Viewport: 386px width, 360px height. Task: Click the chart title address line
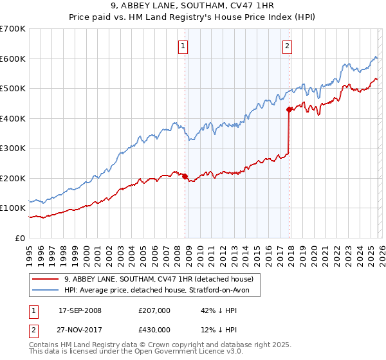193,8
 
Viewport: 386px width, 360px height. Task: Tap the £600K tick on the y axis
13,59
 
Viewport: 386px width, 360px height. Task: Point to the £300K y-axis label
13,148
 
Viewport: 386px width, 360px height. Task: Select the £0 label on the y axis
21,238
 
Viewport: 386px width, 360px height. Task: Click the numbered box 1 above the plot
184,46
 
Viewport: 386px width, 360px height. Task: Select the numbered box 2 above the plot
286,46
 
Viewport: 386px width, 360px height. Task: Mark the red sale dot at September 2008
185,176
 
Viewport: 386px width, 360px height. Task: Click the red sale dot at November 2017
289,109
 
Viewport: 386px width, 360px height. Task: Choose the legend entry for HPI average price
161,291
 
